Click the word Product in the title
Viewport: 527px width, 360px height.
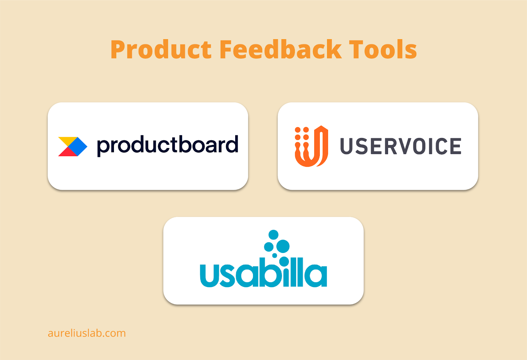tap(161, 49)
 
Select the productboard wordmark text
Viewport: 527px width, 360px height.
tap(168, 146)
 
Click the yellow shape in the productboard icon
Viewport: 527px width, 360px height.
tap(68, 141)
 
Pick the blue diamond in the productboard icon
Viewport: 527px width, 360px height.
tap(78, 146)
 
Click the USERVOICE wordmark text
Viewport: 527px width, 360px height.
tap(401, 146)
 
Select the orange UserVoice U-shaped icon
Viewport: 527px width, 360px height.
tap(312, 146)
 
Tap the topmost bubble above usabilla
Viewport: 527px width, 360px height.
tap(273, 235)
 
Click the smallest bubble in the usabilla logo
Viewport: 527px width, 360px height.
tap(275, 256)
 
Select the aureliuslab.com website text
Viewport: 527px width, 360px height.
tap(87, 333)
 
